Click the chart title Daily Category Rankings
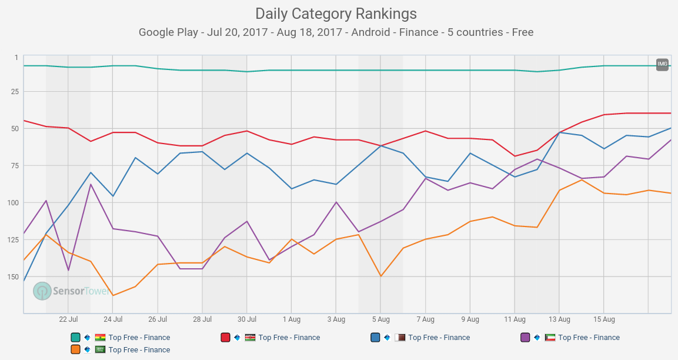[336, 14]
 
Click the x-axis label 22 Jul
[68, 319]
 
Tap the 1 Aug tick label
[291, 319]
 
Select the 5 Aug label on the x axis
[380, 319]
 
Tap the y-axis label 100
[12, 202]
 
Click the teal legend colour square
[75, 338]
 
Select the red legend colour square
[225, 338]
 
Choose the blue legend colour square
[375, 338]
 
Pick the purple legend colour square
[525, 338]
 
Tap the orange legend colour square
[75, 349]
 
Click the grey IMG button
[662, 64]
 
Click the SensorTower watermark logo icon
[42, 291]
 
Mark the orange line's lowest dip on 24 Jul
[113, 295]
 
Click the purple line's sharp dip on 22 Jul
[68, 270]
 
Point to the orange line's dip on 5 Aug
[380, 276]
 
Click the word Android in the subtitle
[370, 32]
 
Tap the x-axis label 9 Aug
[470, 319]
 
